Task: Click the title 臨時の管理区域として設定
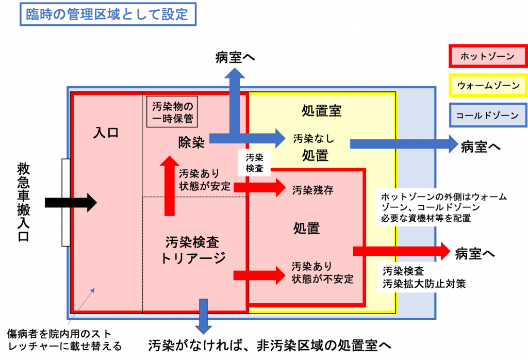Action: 108,14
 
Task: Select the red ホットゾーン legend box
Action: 487,56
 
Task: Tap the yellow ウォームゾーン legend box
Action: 487,86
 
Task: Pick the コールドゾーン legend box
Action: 487,116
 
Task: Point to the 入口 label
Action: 106,133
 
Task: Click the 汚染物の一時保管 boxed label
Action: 172,112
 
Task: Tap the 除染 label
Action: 191,143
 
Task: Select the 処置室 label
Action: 321,110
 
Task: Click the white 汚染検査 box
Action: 255,162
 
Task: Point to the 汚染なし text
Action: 313,138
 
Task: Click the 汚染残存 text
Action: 312,190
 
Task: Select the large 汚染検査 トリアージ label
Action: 193,250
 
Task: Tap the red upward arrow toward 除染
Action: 169,186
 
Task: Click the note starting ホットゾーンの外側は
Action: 447,207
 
